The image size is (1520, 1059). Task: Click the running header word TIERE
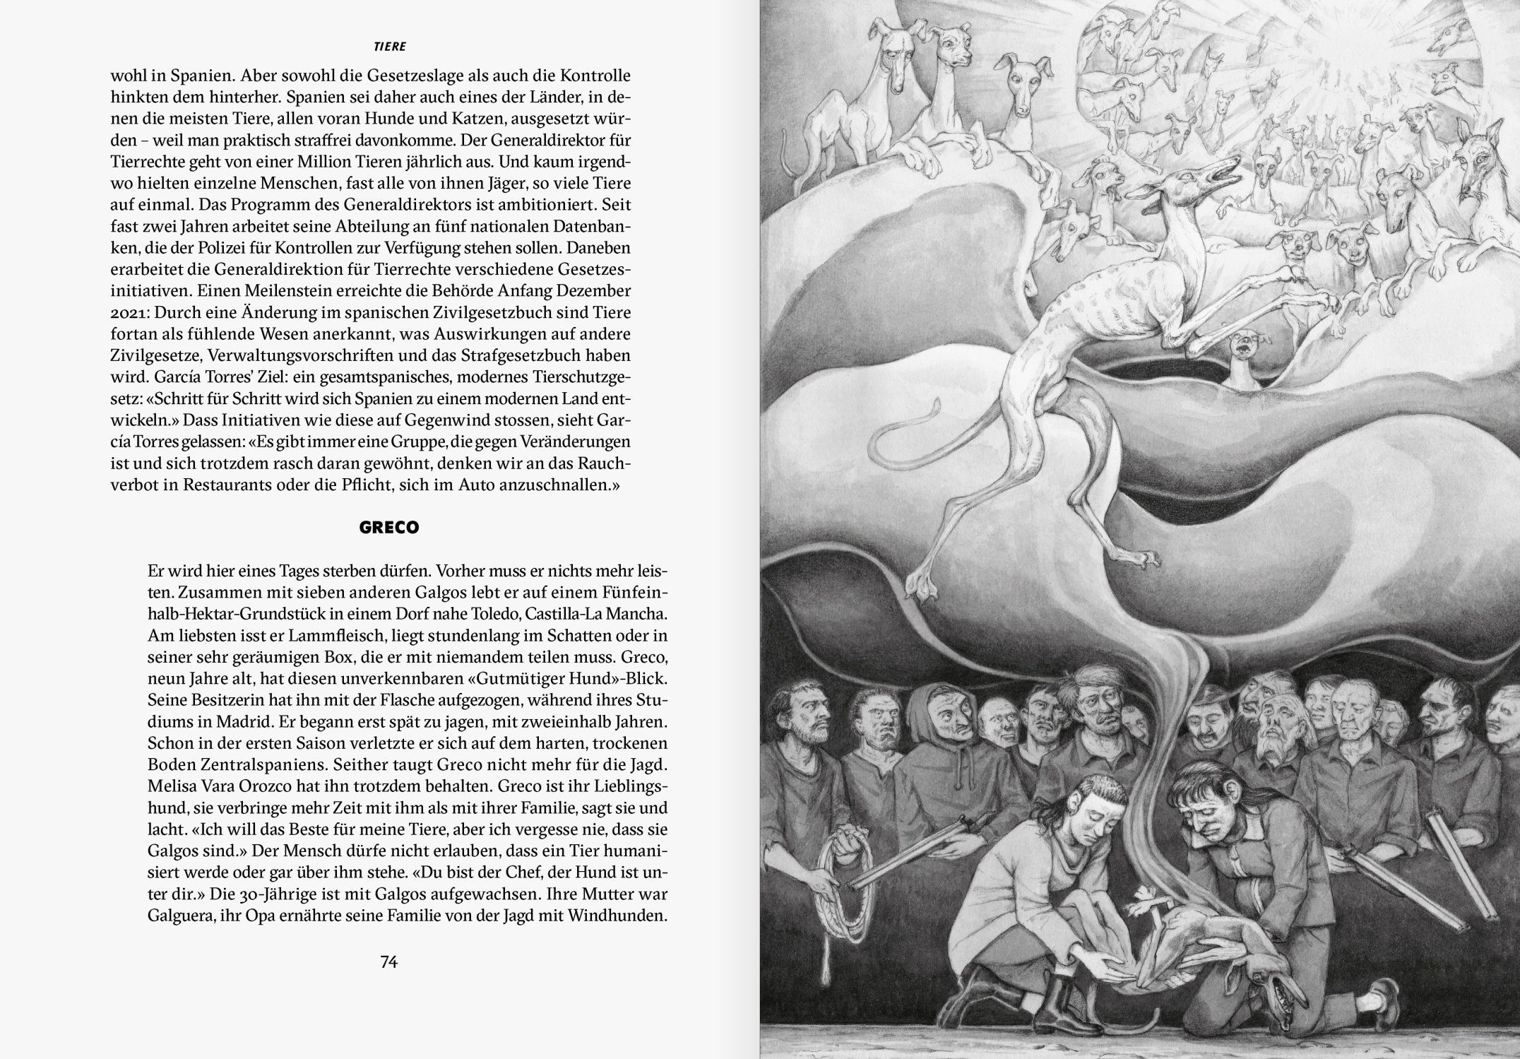389,47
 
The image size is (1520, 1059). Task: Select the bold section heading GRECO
389,528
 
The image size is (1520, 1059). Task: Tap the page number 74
389,962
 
